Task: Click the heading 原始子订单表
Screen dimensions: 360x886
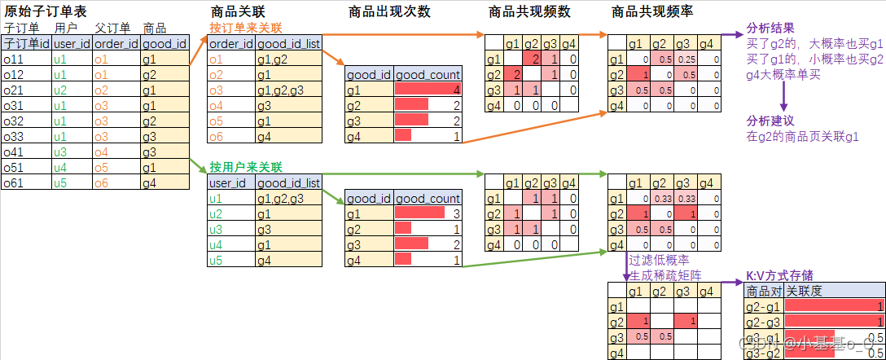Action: [x=38, y=11]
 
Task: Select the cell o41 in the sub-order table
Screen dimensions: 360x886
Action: [x=15, y=152]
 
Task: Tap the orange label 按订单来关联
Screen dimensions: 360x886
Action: [x=247, y=28]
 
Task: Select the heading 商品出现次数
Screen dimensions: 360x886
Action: [x=389, y=11]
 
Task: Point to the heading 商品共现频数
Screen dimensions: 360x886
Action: [x=531, y=11]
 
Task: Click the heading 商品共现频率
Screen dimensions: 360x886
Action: [x=653, y=11]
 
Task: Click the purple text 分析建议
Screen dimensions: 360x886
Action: [x=769, y=121]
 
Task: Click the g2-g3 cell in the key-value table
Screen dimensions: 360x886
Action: [x=762, y=322]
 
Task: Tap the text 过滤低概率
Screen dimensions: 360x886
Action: [x=656, y=261]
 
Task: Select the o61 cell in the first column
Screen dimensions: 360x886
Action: [x=15, y=183]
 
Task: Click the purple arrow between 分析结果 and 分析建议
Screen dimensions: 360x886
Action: [x=783, y=94]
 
